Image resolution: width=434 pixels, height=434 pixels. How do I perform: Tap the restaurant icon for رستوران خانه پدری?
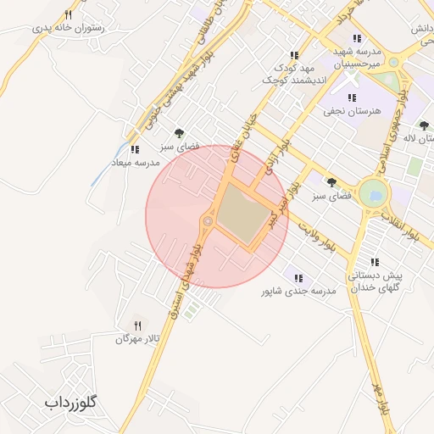click(68, 14)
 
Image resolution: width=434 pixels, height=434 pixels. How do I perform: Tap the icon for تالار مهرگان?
click(137, 325)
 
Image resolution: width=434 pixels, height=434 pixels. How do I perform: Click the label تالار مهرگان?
click(137, 339)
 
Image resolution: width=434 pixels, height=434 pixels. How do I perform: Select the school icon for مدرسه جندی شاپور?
click(298, 277)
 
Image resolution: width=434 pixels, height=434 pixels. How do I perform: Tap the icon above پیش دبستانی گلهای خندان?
click(374, 263)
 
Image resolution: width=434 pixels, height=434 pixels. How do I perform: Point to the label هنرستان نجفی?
click(349, 111)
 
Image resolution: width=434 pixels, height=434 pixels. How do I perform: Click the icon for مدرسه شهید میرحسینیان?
click(357, 38)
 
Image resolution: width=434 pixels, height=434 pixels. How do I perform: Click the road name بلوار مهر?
click(381, 398)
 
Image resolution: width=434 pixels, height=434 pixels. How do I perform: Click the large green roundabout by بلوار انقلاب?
click(370, 194)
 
